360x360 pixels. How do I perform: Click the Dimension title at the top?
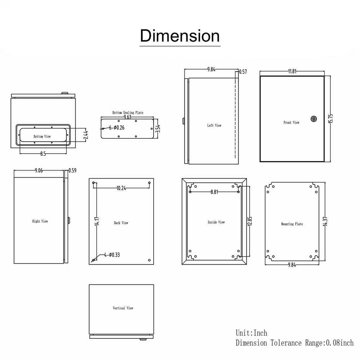click(180, 36)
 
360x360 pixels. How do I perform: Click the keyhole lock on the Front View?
click(314, 119)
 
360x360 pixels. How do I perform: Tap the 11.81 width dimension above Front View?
click(292, 71)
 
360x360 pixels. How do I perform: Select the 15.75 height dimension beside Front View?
click(331, 118)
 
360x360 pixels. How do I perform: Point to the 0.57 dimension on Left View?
click(243, 72)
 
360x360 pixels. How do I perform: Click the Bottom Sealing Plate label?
click(128, 113)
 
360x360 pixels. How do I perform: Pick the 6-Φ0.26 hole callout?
click(117, 128)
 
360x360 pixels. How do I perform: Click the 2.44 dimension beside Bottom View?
click(86, 135)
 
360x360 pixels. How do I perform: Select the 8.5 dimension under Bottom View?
click(43, 154)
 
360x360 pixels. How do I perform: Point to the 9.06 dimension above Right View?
click(39, 171)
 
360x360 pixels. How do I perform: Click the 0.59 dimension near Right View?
click(73, 171)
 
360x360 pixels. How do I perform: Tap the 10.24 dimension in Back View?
click(121, 188)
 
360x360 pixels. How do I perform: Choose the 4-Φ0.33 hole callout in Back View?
click(112, 255)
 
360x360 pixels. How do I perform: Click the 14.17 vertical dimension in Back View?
click(97, 221)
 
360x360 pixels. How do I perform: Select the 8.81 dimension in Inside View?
click(214, 192)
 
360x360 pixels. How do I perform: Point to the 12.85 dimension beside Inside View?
click(250, 221)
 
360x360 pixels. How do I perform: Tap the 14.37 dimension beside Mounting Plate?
click(325, 221)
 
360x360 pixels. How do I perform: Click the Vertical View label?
click(123, 308)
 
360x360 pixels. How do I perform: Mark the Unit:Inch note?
click(251, 333)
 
